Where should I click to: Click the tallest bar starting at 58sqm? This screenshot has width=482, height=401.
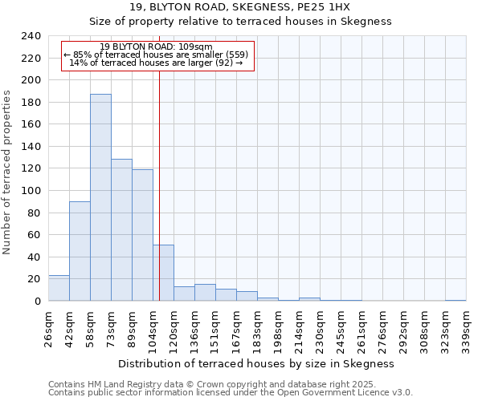tap(100, 197)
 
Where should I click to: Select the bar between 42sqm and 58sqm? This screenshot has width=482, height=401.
tap(80, 251)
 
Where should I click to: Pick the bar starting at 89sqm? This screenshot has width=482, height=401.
tap(142, 235)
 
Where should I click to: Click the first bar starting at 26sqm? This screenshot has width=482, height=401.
tap(59, 288)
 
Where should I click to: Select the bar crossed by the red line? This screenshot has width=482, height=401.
tap(163, 273)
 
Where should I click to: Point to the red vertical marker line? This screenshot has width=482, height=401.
tap(160, 160)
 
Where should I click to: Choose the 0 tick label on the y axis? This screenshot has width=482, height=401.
tap(37, 302)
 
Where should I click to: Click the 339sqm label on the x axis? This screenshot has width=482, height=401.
tap(467, 328)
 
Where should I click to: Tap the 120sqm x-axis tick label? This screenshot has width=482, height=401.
tap(174, 328)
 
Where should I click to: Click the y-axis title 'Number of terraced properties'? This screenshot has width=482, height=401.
tap(7, 172)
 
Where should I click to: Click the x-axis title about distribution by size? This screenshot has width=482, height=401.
tap(255, 363)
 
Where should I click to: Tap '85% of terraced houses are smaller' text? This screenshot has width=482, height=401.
tap(157, 55)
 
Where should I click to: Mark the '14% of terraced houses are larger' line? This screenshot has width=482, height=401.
tap(157, 63)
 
